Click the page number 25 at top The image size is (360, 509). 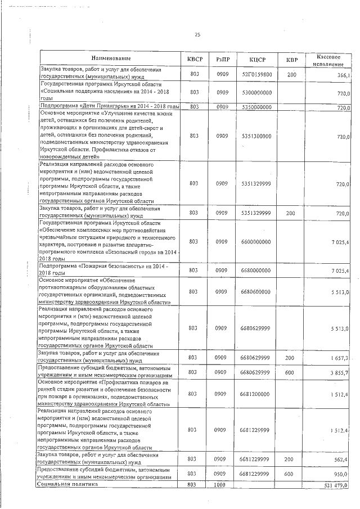(x=197, y=35)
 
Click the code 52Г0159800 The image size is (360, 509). (x=260, y=74)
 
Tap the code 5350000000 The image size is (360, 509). (x=260, y=106)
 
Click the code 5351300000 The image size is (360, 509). (x=260, y=136)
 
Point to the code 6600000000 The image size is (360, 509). (x=260, y=241)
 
